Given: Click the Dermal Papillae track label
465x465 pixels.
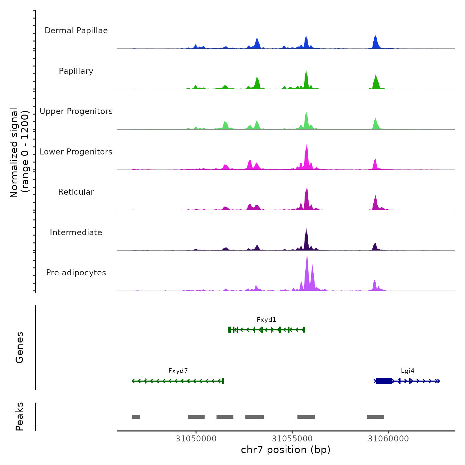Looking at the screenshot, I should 76,31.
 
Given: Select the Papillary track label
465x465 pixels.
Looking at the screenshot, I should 76,71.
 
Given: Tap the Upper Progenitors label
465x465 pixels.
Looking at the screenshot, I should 76,111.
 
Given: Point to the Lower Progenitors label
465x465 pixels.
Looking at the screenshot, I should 76,152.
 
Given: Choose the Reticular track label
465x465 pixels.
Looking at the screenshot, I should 76,192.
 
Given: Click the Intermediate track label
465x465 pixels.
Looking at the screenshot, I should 76,232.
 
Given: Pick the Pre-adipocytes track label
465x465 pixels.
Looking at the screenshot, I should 76,273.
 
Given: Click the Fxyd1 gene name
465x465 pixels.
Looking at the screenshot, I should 266,320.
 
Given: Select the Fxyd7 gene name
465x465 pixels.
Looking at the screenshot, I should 178,371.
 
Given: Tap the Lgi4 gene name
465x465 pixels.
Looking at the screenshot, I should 408,371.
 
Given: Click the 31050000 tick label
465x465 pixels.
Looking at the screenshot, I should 196,439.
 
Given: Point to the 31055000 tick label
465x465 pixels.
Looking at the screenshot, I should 292,439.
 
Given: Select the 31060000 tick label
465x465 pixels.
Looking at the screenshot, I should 388,439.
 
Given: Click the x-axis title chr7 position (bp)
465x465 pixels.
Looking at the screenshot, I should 286,450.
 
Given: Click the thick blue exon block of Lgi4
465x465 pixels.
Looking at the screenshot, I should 384,381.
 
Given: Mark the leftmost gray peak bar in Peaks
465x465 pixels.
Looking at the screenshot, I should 136,417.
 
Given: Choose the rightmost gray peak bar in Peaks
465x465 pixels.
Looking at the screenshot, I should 376,417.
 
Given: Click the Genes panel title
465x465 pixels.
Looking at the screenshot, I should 20,347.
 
